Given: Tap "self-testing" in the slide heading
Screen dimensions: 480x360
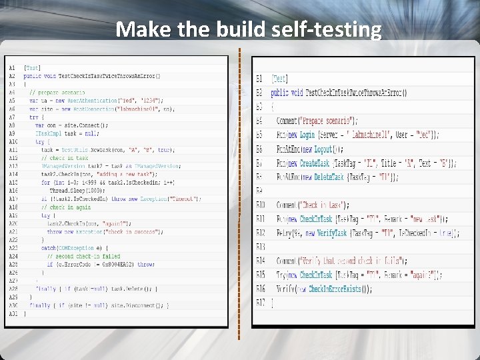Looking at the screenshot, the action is tap(339, 30).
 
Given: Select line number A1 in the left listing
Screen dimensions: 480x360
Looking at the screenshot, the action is tap(13, 67).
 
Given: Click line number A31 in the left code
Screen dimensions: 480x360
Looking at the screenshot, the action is tap(14, 313).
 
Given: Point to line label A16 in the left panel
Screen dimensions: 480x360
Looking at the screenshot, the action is tap(14, 190).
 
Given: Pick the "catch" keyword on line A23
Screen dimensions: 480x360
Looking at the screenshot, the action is tap(48, 247).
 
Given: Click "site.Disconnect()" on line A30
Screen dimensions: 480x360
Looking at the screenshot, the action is tap(143, 305).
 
